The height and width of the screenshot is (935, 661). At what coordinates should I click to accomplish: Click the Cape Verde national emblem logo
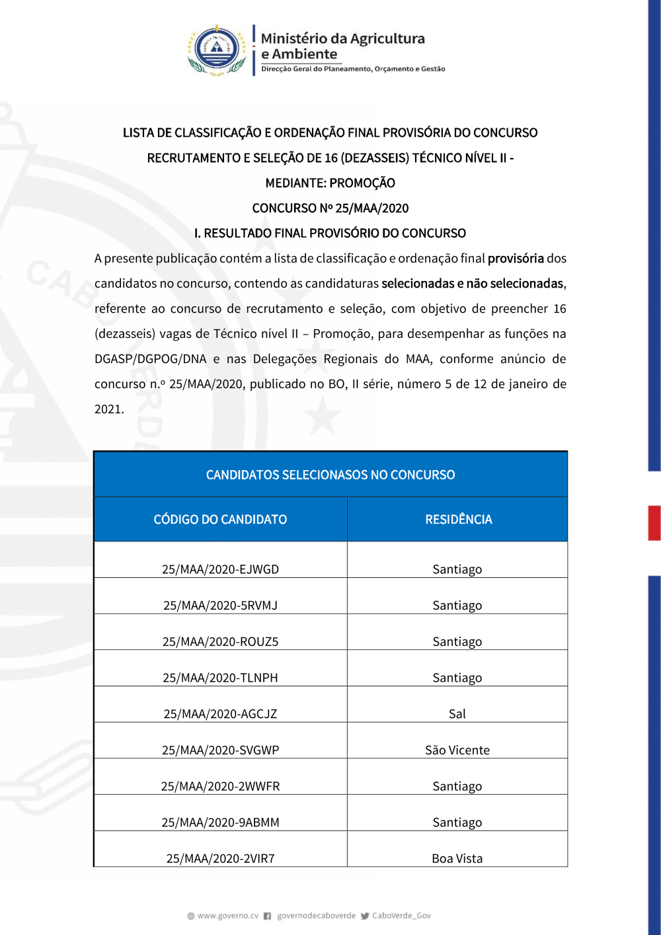217,50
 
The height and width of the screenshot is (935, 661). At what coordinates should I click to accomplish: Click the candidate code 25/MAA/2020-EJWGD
220,569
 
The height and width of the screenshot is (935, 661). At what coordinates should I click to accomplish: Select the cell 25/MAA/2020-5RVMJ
220,606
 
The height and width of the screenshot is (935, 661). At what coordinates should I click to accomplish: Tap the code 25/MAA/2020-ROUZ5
220,642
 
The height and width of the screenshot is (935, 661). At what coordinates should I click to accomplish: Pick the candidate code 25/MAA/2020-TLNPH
220,678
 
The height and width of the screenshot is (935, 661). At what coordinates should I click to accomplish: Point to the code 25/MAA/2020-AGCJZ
220,714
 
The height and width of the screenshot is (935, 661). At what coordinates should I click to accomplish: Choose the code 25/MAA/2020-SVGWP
220,751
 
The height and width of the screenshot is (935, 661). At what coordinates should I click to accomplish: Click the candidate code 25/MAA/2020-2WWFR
220,786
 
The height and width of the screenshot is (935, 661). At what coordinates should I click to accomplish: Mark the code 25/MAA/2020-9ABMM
220,823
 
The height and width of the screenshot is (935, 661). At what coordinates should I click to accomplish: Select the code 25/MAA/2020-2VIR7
220,859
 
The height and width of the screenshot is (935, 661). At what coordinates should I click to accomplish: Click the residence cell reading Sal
457,714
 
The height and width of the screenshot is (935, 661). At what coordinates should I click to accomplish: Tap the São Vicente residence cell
457,751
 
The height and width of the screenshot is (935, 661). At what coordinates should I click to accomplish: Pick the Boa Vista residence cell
457,859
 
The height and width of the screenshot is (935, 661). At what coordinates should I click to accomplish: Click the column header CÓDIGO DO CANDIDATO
220,520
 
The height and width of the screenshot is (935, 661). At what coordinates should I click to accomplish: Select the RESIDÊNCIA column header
458,520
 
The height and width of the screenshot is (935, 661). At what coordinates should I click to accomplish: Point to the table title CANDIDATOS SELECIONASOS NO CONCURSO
330,475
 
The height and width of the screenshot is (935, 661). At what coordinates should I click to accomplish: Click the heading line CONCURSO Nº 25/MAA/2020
330,208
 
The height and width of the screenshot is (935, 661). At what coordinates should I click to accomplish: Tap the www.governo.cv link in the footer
227,916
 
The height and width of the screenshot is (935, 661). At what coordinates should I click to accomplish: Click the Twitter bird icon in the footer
365,916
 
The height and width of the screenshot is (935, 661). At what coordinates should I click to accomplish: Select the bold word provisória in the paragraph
516,259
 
